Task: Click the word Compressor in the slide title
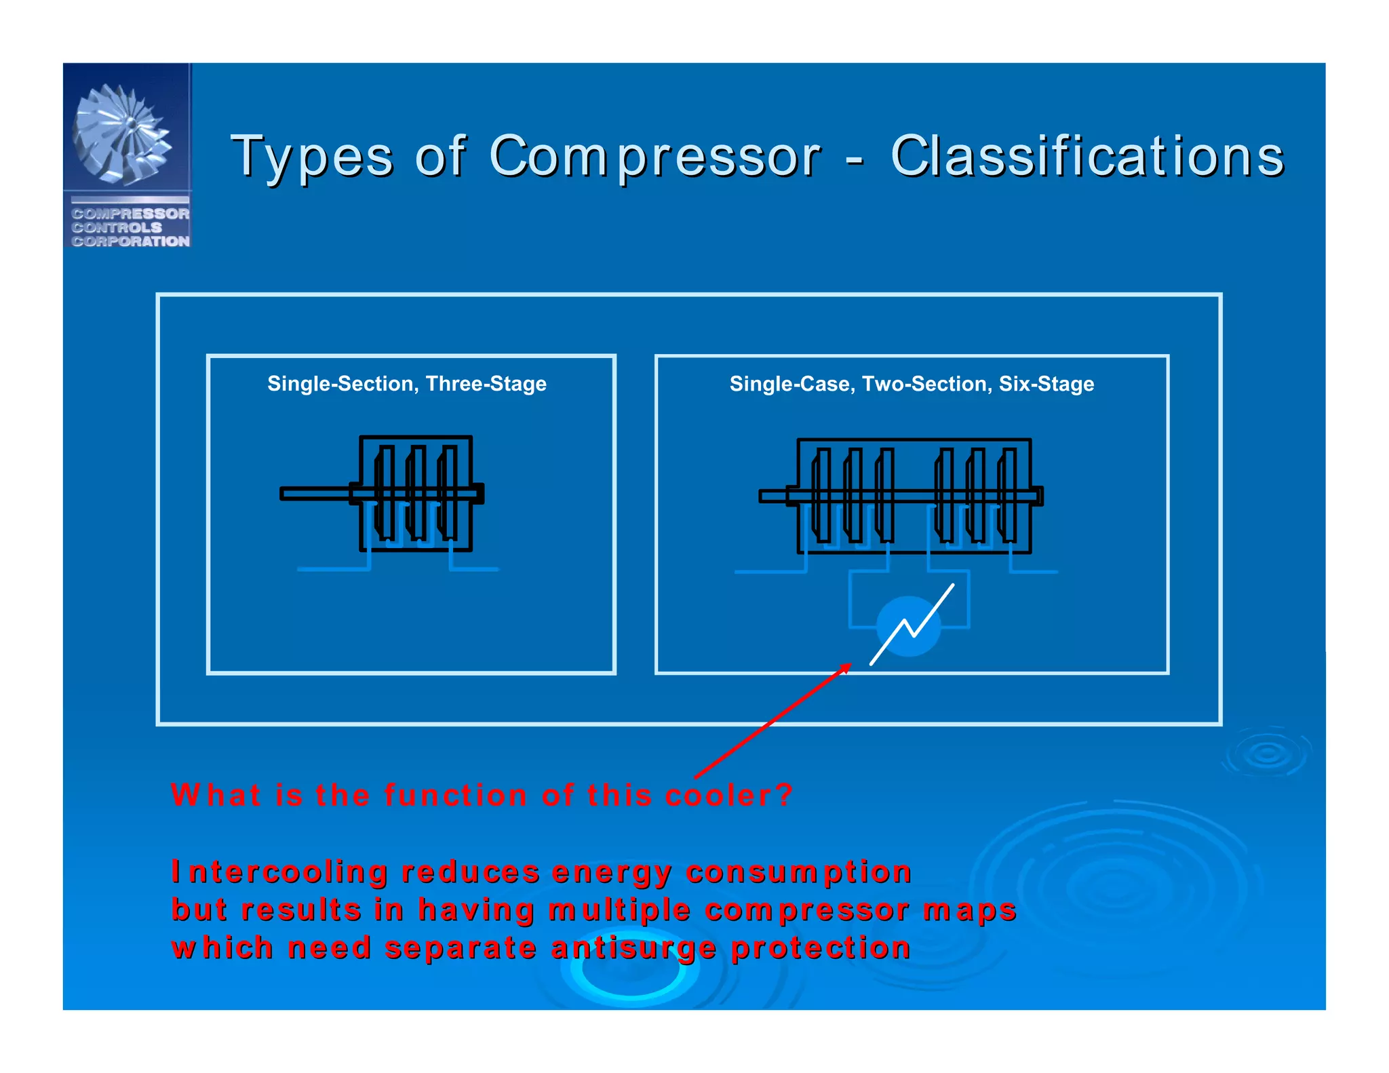(x=654, y=157)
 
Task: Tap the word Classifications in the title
(x=1087, y=156)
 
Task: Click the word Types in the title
(x=312, y=157)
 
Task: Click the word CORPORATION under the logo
(x=130, y=241)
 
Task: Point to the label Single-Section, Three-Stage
(x=407, y=384)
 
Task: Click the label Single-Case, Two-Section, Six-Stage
(x=912, y=384)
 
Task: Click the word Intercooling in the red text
(x=279, y=872)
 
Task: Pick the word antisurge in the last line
(x=633, y=948)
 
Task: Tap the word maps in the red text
(x=969, y=910)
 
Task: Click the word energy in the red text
(x=611, y=872)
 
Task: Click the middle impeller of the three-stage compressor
(x=416, y=493)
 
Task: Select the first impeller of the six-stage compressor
(x=821, y=495)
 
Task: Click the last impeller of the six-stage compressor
(x=1007, y=495)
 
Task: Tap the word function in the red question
(x=456, y=795)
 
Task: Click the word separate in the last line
(x=461, y=948)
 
